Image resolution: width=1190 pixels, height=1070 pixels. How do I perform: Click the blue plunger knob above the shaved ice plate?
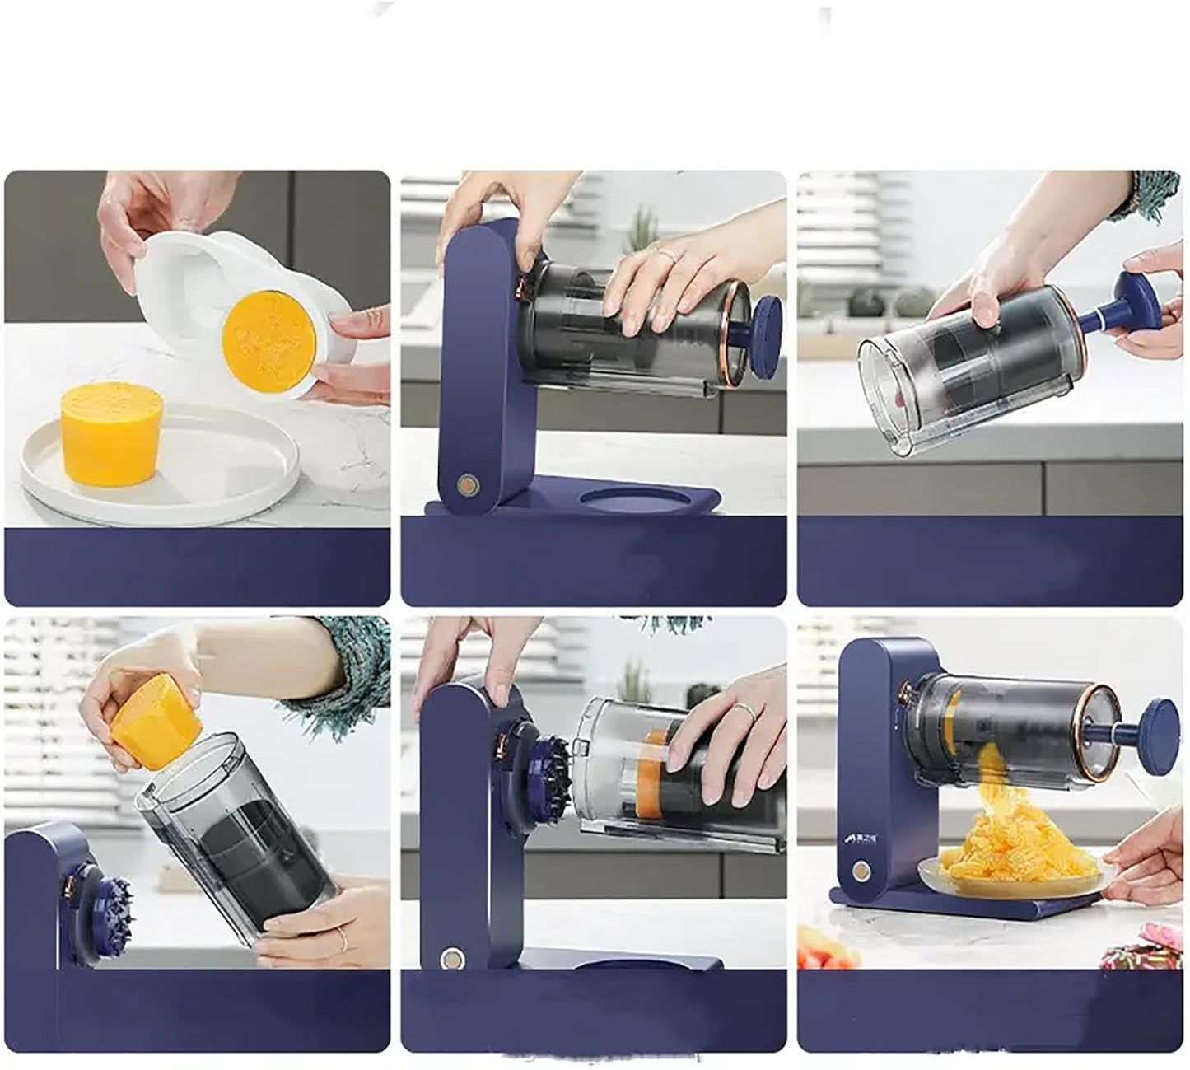click(1159, 722)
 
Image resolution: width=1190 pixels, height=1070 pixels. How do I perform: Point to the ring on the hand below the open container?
click(340, 933)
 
